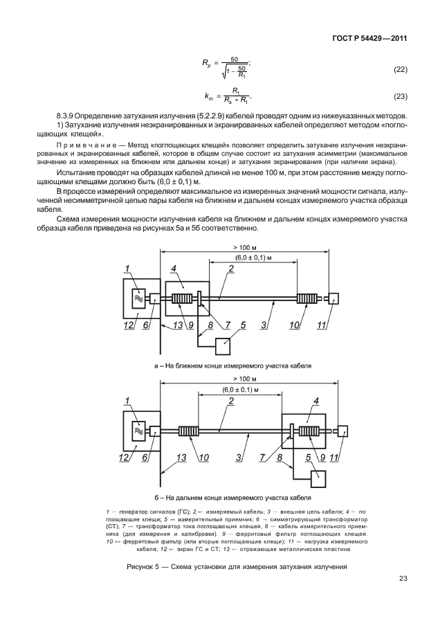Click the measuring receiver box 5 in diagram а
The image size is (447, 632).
[226, 345]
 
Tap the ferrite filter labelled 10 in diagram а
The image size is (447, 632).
[306, 298]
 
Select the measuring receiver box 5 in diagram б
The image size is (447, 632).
[320, 477]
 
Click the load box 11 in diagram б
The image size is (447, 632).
[343, 431]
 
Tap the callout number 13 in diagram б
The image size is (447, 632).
[182, 458]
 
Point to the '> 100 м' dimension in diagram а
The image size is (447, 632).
[245, 247]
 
